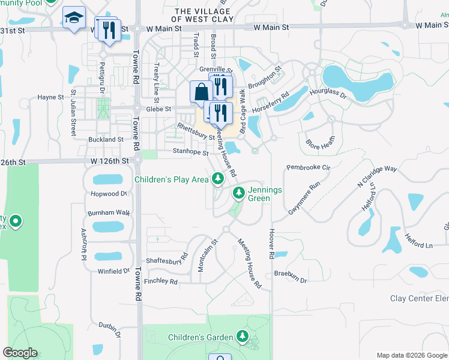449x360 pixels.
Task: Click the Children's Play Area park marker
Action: click(x=217, y=178)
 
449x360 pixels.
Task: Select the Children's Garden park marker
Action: click(x=243, y=336)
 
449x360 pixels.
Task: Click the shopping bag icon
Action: click(x=200, y=92)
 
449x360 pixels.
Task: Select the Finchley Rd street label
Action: click(x=160, y=281)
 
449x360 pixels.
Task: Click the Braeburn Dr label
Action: click(x=291, y=280)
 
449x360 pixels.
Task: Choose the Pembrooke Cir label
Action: click(x=309, y=167)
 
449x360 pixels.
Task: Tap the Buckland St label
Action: click(x=104, y=139)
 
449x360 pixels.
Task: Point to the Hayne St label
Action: click(x=50, y=97)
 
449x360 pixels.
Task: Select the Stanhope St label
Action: click(x=190, y=152)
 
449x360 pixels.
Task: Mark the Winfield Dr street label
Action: click(x=113, y=271)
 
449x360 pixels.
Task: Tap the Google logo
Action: click(x=20, y=353)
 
